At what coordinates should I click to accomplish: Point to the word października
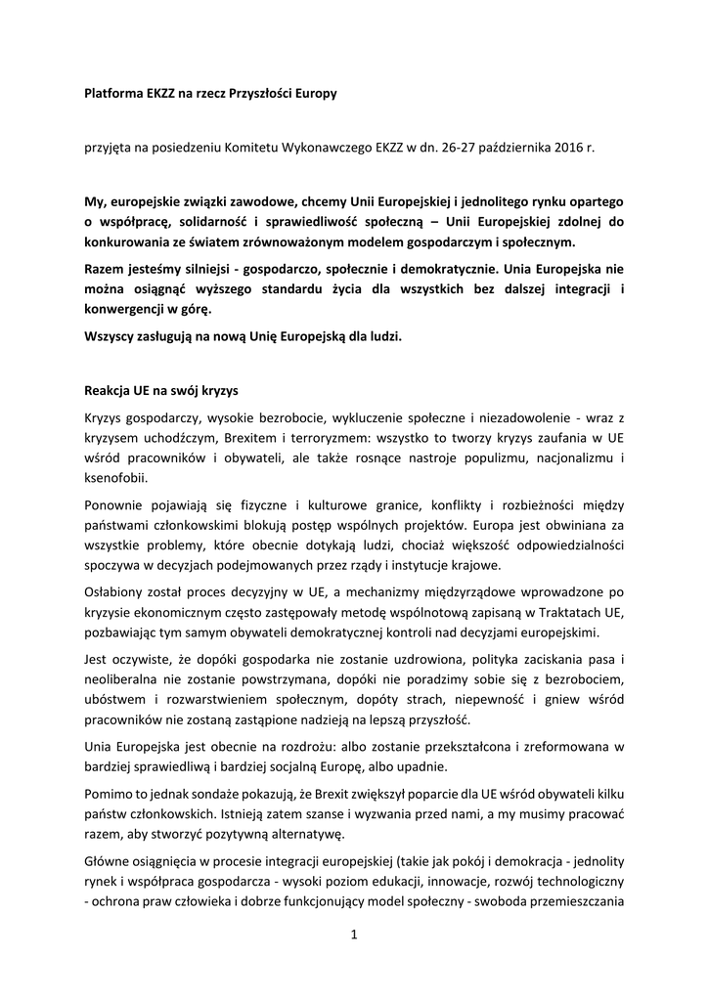(510, 149)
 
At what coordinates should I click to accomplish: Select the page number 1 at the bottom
(354, 935)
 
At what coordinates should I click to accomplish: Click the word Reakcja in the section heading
(110, 389)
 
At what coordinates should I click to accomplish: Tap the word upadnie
(423, 768)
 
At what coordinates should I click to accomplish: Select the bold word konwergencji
(131, 309)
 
